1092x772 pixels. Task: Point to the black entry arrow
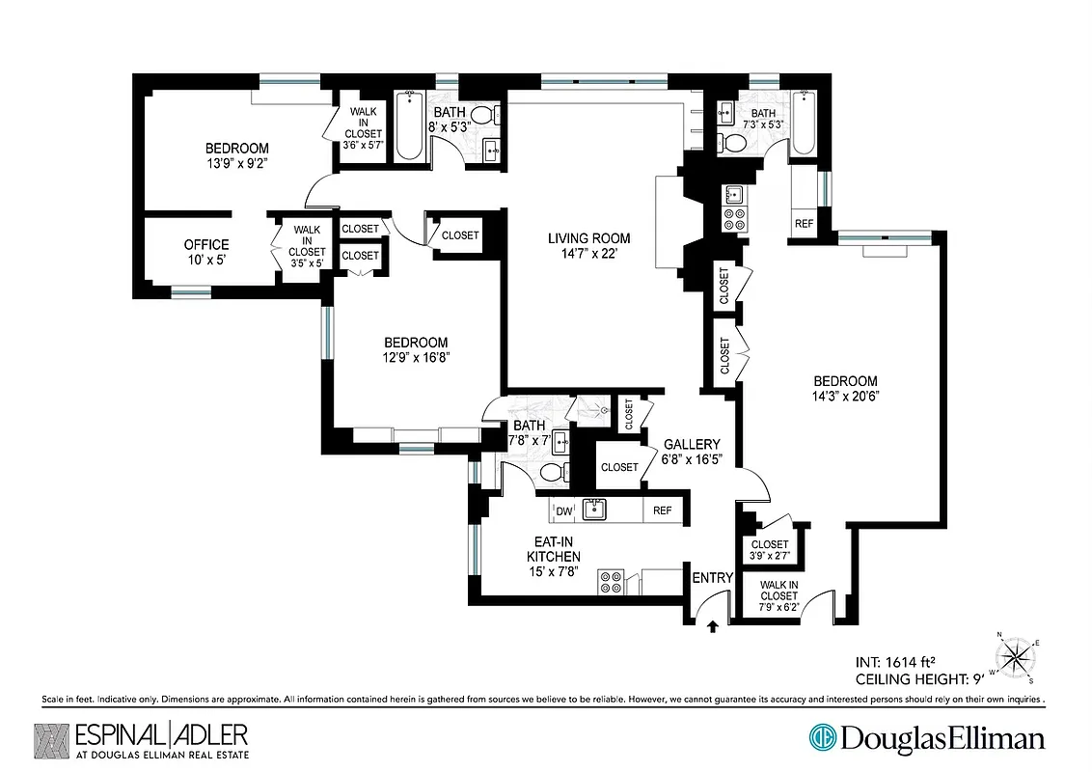coord(712,626)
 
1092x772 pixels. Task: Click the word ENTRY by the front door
coord(712,578)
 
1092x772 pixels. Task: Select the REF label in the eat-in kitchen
coord(663,510)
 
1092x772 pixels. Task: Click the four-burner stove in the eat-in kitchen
coord(610,581)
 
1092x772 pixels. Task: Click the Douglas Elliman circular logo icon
coord(823,738)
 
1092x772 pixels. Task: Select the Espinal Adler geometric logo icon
coord(51,740)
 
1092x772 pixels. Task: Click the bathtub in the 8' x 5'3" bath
coord(409,125)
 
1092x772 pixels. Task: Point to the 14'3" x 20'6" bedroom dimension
coord(844,396)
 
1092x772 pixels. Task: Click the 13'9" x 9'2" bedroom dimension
coord(236,163)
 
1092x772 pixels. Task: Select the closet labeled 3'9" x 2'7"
coord(769,550)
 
